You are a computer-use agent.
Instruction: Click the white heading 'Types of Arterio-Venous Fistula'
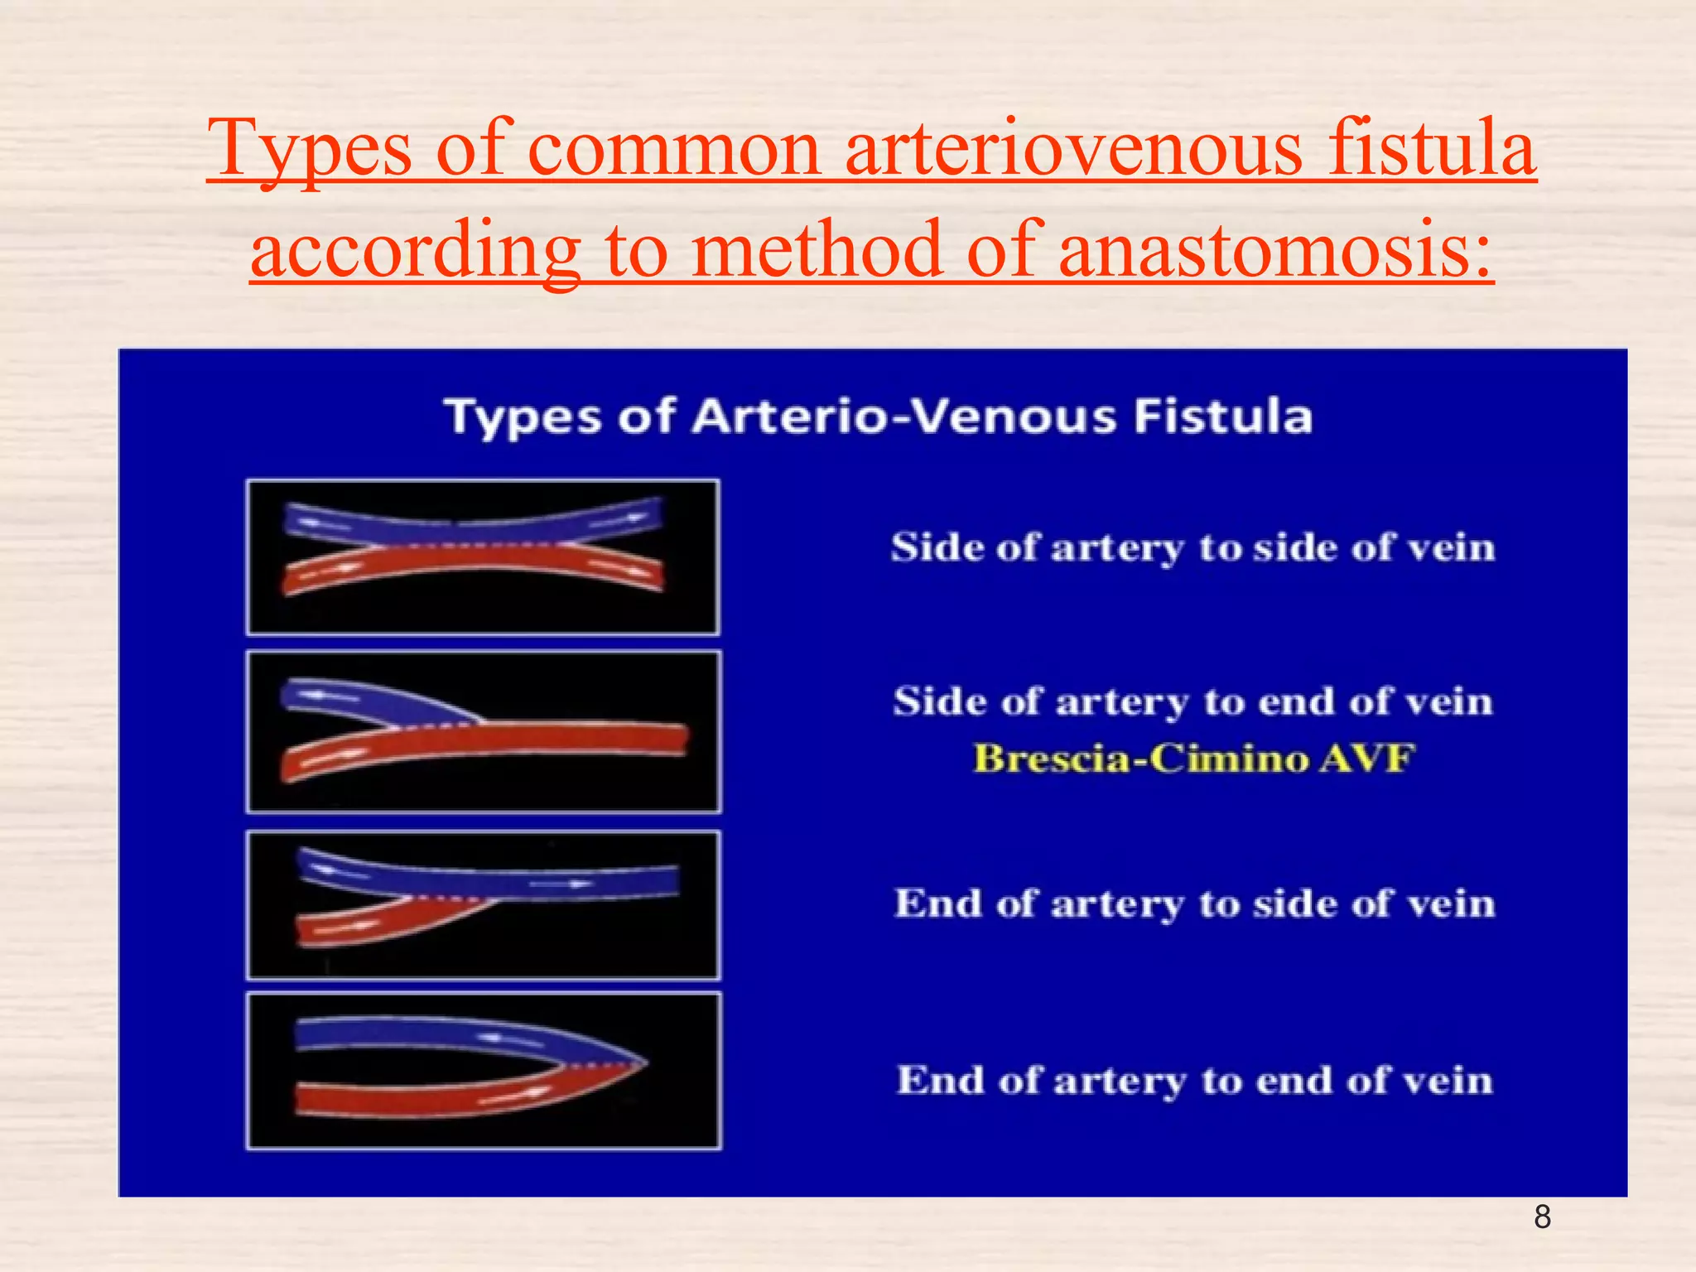pos(878,416)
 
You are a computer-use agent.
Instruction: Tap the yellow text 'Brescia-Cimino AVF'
pos(1193,759)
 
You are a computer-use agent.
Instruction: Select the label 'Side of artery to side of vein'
pos(1193,547)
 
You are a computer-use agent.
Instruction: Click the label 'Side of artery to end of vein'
pos(1193,701)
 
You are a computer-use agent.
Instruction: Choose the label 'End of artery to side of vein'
pos(1195,903)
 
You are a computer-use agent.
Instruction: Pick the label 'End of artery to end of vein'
pos(1195,1080)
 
